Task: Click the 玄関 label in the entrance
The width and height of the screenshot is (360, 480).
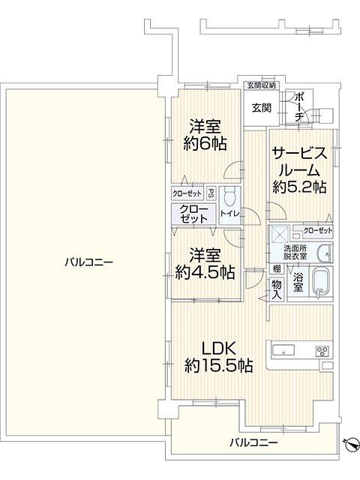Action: click(x=262, y=107)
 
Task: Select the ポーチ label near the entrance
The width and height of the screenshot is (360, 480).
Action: click(x=299, y=107)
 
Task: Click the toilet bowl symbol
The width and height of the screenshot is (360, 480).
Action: click(x=229, y=196)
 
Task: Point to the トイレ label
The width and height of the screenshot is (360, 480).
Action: click(x=229, y=214)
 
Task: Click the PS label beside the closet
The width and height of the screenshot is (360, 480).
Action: click(x=211, y=193)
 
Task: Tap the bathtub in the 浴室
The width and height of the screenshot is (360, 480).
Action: click(x=320, y=282)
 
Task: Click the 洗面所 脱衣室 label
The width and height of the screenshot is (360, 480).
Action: click(x=295, y=253)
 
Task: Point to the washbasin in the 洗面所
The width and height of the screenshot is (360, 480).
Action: click(x=325, y=253)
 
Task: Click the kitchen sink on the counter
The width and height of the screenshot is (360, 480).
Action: click(x=283, y=350)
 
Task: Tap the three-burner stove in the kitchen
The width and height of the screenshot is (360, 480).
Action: click(x=322, y=351)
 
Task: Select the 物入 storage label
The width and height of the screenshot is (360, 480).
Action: click(x=277, y=289)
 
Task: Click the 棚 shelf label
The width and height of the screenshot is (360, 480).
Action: click(x=277, y=269)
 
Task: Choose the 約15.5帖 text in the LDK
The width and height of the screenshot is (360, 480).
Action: click(x=219, y=365)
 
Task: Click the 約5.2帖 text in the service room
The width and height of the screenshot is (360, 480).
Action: click(x=299, y=187)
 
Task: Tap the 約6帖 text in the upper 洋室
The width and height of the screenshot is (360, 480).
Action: click(x=205, y=143)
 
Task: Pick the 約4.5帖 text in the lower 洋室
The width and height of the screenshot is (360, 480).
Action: click(x=205, y=272)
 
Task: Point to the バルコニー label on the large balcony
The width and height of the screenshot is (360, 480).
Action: click(x=89, y=262)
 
